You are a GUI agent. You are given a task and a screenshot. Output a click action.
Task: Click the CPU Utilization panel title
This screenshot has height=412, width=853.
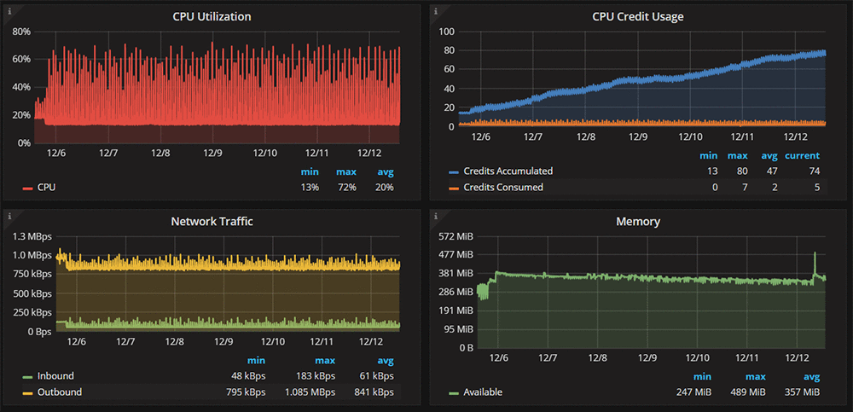click(x=212, y=16)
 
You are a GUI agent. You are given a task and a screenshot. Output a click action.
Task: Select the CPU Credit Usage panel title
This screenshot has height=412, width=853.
click(x=638, y=16)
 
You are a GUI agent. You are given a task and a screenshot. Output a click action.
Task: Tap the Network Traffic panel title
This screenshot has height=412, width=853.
click(x=212, y=221)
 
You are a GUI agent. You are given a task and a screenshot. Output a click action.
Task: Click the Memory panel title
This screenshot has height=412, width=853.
click(x=638, y=221)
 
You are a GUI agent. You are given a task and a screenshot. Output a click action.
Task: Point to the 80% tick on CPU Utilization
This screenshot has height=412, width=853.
click(x=21, y=32)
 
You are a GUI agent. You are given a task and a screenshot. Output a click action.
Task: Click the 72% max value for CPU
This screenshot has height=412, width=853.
click(x=346, y=187)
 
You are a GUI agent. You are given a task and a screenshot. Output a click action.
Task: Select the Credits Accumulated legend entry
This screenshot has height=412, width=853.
click(x=508, y=171)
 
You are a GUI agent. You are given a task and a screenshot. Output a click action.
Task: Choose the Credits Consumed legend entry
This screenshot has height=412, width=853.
click(x=502, y=187)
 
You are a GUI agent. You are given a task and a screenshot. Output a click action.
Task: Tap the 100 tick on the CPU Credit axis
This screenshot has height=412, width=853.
click(x=447, y=32)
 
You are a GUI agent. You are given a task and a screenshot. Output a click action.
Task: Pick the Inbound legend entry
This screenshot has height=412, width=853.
click(x=55, y=376)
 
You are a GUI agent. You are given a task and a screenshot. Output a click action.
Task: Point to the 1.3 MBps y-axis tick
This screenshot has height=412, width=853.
click(x=31, y=236)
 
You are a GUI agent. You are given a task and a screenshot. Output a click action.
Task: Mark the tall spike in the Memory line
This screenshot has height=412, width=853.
click(x=815, y=254)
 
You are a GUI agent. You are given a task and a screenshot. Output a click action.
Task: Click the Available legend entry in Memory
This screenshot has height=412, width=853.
click(x=482, y=392)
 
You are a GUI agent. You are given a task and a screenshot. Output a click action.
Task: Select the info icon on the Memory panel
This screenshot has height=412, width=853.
click(x=435, y=216)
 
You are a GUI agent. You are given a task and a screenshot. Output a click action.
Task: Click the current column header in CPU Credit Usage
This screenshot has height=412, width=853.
click(x=802, y=156)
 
